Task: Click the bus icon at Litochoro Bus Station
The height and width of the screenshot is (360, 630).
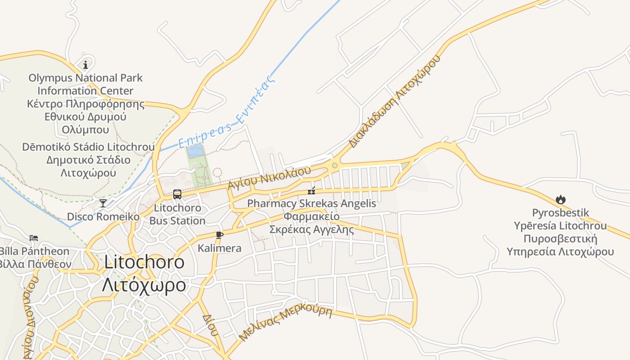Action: tap(177, 194)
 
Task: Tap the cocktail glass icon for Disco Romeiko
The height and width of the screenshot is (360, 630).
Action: tap(103, 203)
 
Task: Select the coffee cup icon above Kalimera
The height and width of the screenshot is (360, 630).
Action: tap(219, 235)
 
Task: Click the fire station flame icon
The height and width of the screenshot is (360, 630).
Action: tap(560, 199)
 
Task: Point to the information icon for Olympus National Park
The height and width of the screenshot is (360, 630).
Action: tap(85, 65)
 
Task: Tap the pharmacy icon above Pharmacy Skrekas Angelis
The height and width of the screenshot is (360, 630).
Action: tap(311, 191)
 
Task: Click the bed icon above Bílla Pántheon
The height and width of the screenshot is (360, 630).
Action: tap(34, 238)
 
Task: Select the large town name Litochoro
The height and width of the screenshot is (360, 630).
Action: tap(144, 262)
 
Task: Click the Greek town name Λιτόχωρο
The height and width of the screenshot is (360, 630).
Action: tap(144, 285)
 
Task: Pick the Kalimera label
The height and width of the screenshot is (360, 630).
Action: tap(220, 248)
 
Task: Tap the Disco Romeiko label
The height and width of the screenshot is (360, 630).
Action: tap(103, 216)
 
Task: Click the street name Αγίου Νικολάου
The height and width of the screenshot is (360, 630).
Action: tap(269, 178)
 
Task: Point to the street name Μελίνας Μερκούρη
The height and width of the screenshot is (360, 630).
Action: tap(285, 323)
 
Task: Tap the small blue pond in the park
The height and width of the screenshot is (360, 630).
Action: tap(195, 151)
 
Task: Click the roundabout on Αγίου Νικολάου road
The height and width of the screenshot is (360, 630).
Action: tap(334, 166)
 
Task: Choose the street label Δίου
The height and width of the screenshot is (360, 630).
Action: tap(210, 325)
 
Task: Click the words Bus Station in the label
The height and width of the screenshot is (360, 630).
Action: tap(177, 221)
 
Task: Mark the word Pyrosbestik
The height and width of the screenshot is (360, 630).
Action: tap(560, 213)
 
